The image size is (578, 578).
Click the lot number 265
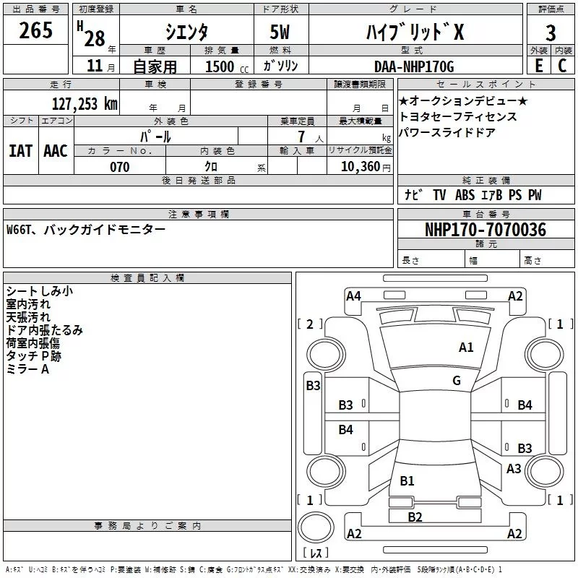tap(36, 31)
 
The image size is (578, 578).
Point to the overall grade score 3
tap(551, 33)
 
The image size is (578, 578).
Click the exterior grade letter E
tap(538, 66)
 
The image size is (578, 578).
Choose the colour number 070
tap(119, 167)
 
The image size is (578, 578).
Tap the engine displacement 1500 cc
tap(220, 66)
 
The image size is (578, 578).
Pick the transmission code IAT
tap(20, 150)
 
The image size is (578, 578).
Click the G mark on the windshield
tap(457, 381)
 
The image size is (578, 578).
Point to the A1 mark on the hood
tap(466, 348)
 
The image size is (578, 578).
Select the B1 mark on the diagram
tap(407, 481)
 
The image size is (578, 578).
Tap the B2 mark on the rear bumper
tap(415, 517)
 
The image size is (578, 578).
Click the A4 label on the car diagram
tap(353, 296)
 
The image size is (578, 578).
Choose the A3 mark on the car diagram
tap(514, 469)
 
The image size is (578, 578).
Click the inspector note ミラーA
tap(27, 369)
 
